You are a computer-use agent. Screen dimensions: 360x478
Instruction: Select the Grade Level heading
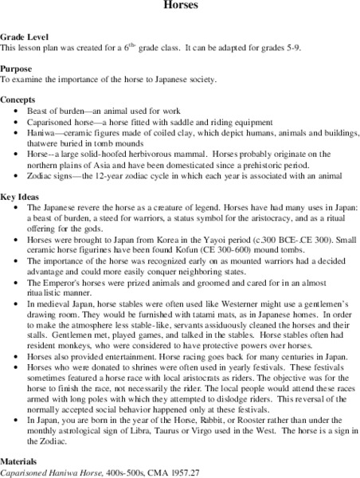coord(24,37)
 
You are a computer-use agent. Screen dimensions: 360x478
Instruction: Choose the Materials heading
coord(22,461)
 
